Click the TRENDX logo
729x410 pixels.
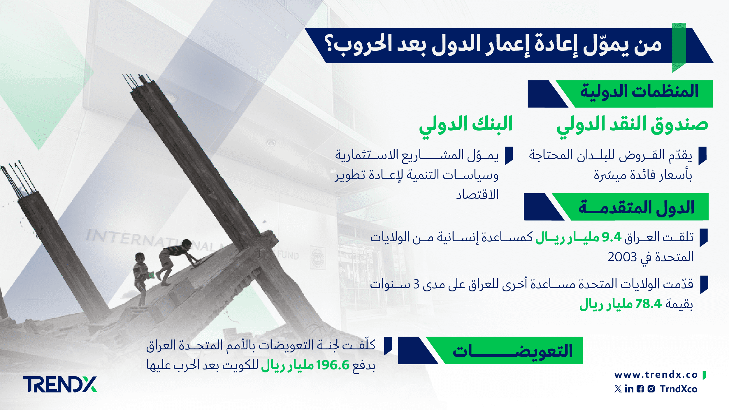(x=60, y=384)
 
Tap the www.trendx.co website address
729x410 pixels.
(x=656, y=375)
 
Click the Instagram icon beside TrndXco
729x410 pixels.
(x=651, y=389)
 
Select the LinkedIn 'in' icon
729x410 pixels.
(x=629, y=389)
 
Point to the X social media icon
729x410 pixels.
(x=618, y=389)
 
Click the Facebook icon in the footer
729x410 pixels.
(x=640, y=389)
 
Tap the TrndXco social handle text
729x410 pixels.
(x=679, y=389)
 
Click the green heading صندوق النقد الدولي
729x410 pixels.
(x=632, y=126)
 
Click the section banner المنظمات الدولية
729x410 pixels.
(x=620, y=94)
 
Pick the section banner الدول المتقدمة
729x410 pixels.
(x=616, y=207)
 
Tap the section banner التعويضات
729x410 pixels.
(x=490, y=351)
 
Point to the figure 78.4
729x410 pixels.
(x=649, y=304)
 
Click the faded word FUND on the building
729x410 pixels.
(x=288, y=255)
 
